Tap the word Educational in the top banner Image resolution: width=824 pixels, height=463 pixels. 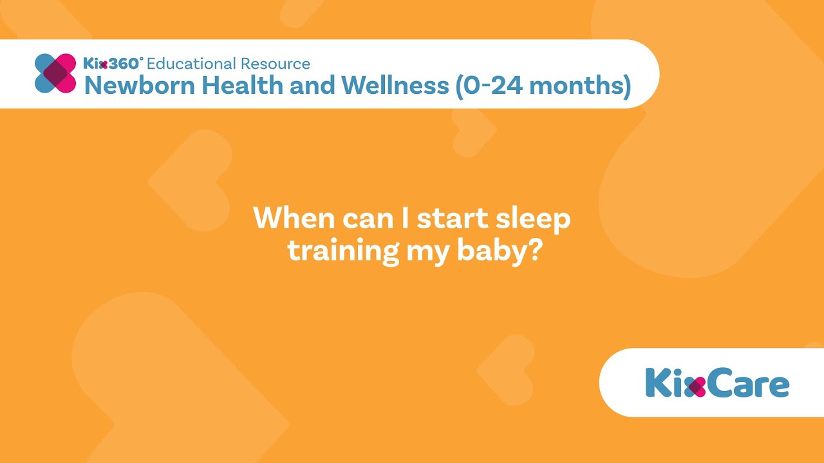191,64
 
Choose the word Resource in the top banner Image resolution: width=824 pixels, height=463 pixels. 275,64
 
